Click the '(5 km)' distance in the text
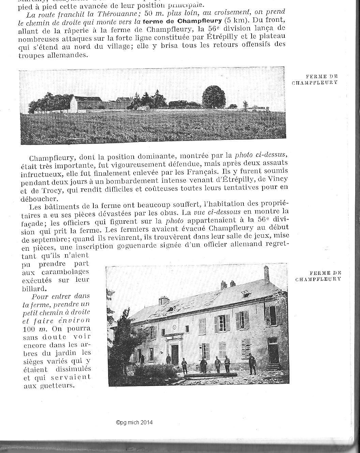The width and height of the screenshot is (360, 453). coord(235,20)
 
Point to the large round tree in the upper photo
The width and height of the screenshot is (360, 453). coord(214,97)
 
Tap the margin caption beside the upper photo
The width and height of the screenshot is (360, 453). coord(315,79)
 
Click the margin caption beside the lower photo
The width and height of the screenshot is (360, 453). coord(318,276)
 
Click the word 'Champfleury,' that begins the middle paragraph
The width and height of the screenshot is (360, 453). coord(54,158)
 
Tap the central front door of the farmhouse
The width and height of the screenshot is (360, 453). coord(175,354)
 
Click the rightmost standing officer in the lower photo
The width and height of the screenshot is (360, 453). coord(252,364)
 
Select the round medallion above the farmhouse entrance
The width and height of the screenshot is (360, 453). coord(174,327)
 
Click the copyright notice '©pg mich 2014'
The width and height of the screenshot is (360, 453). coord(134,422)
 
